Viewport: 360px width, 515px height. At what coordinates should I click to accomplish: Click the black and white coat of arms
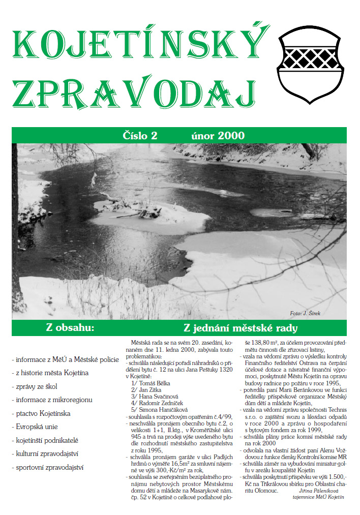coord(311,62)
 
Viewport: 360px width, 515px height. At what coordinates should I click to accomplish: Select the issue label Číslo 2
coord(140,136)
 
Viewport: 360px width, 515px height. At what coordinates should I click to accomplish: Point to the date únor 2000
coord(218,136)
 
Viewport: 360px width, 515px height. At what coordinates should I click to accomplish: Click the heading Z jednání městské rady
coord(240,328)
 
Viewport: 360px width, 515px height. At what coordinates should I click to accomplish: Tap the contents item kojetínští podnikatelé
coord(47,440)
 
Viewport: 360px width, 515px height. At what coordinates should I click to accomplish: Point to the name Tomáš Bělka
coord(153,383)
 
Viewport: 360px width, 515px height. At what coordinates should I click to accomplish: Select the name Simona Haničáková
coord(160,409)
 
